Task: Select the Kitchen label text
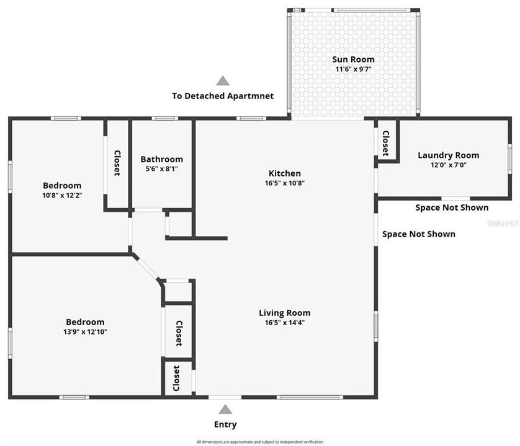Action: coord(284,173)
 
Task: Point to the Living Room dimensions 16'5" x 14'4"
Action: coord(284,322)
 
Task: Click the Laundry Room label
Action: coord(448,155)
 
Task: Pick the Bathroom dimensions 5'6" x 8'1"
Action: coord(161,168)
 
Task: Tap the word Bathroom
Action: coord(161,159)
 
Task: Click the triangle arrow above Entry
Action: coord(225,409)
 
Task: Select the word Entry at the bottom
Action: coord(225,425)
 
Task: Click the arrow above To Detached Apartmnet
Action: coord(223,81)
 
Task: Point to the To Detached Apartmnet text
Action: coord(223,96)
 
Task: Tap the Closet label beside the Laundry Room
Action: coord(385,142)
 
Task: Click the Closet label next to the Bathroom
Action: coord(117,164)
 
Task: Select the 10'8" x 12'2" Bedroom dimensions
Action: coord(61,195)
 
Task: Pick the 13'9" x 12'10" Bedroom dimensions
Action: coord(85,332)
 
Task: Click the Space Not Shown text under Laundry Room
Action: coord(451,208)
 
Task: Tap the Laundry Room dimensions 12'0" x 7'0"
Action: coord(448,165)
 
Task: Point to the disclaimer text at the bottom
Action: coord(260,442)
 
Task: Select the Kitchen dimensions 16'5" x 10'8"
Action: coord(284,183)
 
